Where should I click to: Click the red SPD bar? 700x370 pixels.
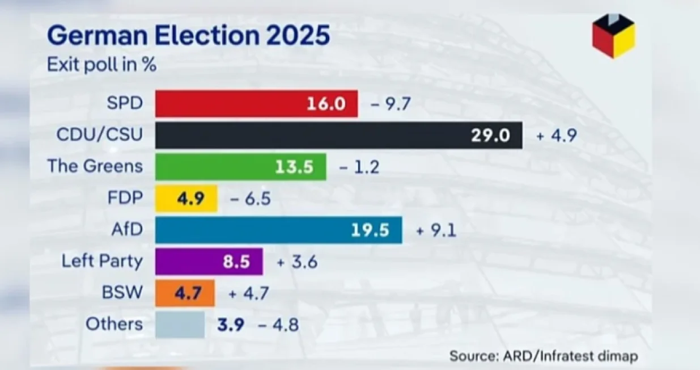[x=256, y=104]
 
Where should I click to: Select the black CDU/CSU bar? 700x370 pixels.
[x=338, y=135]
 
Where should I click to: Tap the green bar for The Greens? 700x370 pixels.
[x=240, y=167]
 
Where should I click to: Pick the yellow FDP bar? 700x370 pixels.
[x=186, y=199]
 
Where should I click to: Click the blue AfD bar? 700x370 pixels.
[x=278, y=230]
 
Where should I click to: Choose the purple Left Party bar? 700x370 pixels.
[x=209, y=262]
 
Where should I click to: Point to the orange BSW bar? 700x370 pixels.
[x=185, y=293]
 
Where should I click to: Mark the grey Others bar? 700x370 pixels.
[x=180, y=325]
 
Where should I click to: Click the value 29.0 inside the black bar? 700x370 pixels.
[x=490, y=136]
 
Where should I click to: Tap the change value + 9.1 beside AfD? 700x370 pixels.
[x=436, y=230]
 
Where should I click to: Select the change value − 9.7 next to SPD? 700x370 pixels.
[x=391, y=104]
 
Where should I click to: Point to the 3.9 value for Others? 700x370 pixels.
[x=231, y=325]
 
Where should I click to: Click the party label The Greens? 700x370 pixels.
[x=95, y=166]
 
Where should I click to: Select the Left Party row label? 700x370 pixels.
[x=102, y=262]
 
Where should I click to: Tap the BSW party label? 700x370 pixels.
[x=122, y=293]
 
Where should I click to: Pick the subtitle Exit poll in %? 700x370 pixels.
[x=101, y=64]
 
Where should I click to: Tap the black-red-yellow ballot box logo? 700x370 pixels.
[x=613, y=36]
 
